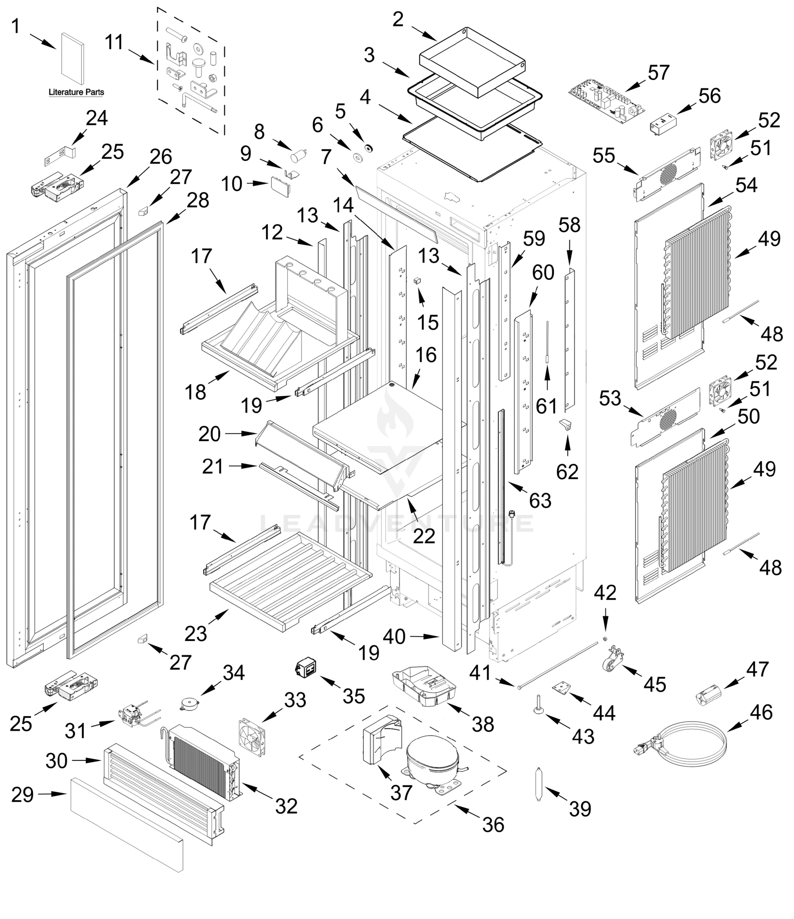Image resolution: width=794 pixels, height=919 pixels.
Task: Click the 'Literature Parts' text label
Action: pyautogui.click(x=76, y=92)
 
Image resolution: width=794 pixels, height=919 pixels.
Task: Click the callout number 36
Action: pyautogui.click(x=493, y=824)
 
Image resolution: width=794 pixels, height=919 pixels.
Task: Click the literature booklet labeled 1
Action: pyautogui.click(x=72, y=59)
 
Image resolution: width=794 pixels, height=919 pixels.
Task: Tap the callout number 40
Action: pyautogui.click(x=394, y=636)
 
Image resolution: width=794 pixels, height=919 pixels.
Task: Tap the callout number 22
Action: pyautogui.click(x=424, y=536)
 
